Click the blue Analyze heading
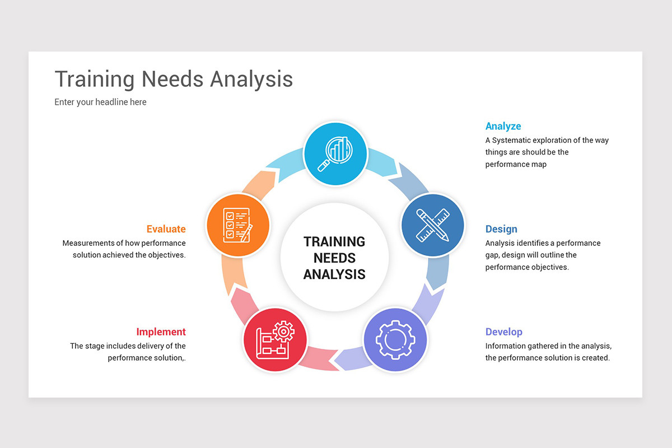point(503,126)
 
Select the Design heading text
point(501,229)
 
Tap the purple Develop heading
point(504,332)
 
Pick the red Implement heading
point(161,332)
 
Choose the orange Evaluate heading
point(166,229)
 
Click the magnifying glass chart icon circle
point(335,154)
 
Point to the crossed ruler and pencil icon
point(433,225)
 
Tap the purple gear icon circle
point(395,340)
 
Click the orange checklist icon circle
point(237,225)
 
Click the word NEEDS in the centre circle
point(334,258)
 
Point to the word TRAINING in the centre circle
point(334,242)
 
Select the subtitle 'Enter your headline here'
point(100,102)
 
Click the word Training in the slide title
point(95,79)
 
